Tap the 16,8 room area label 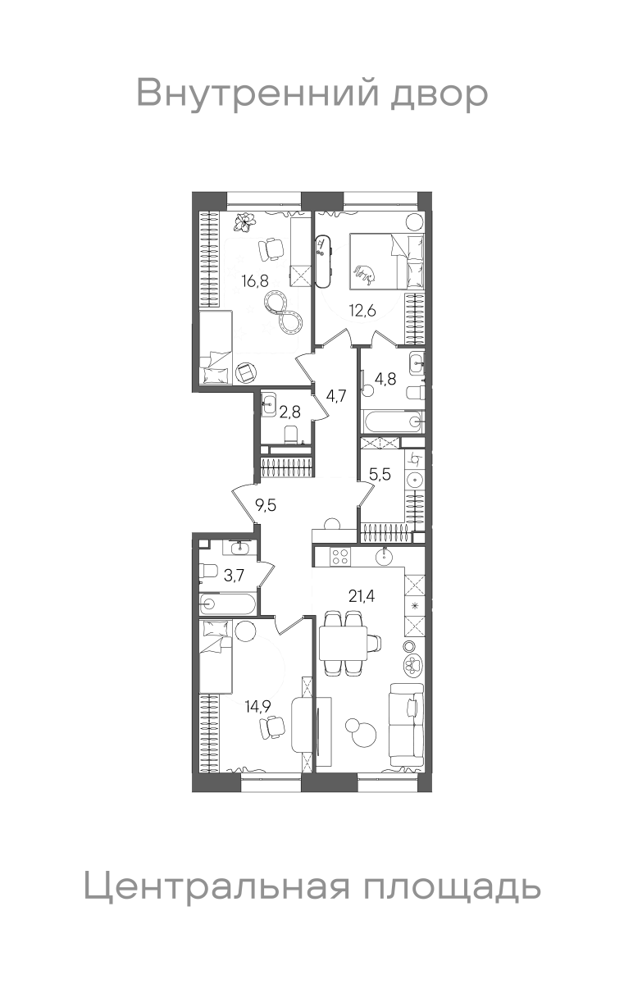click(255, 280)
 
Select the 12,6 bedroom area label click(362, 311)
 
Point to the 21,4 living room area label click(362, 596)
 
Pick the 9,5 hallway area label click(266, 506)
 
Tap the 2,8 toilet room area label click(289, 412)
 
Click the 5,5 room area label click(380, 475)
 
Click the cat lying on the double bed click(365, 274)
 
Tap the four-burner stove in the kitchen click(340, 557)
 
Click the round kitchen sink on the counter click(385, 558)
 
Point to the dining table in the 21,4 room click(343, 644)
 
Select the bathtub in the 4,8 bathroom click(392, 421)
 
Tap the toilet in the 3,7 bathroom click(207, 572)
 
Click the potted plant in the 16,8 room click(244, 222)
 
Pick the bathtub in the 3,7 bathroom click(226, 604)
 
